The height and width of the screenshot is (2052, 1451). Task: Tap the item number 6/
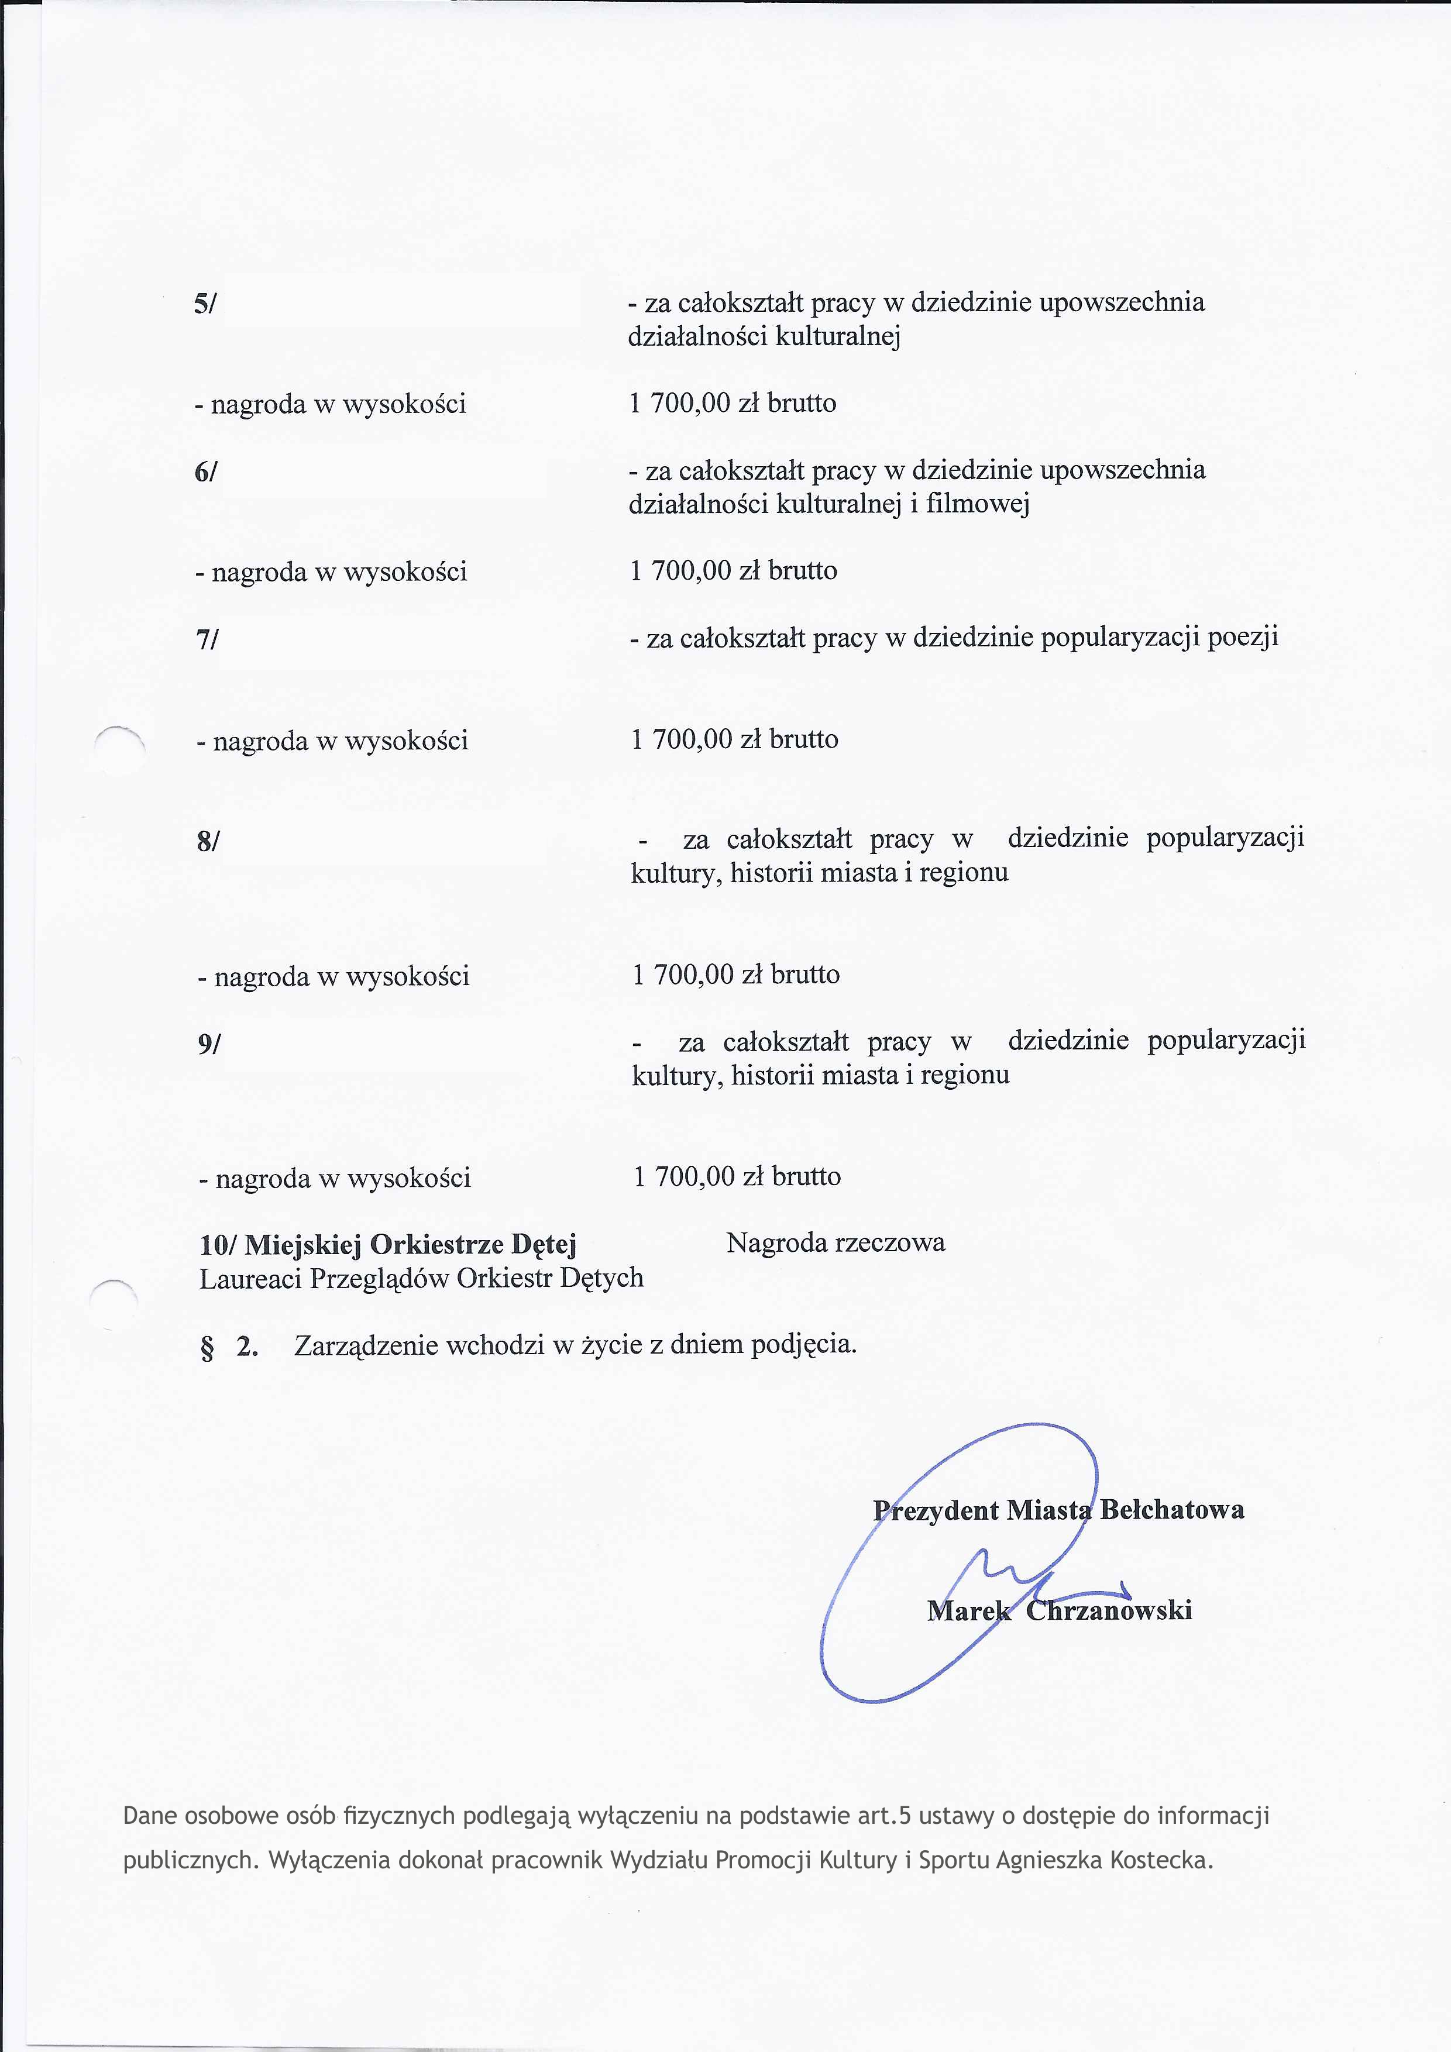(205, 472)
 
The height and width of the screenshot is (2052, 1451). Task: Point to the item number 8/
(208, 841)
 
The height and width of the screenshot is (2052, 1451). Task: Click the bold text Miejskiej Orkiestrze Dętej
(410, 1244)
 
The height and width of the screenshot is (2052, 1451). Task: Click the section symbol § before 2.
(208, 1347)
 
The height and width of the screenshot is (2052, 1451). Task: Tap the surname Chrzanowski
(1109, 1610)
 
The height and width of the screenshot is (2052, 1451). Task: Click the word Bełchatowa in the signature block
(1171, 1510)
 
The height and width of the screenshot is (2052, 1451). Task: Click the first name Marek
(969, 1610)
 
